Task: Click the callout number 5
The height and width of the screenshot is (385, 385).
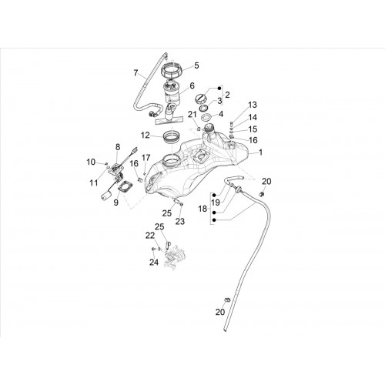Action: click(196, 65)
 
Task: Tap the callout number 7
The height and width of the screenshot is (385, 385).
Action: click(136, 73)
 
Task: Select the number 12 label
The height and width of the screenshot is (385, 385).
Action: click(146, 135)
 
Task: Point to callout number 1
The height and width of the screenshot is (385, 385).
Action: click(260, 152)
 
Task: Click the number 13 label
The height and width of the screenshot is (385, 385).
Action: click(253, 105)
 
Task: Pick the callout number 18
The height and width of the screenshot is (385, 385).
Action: click(203, 209)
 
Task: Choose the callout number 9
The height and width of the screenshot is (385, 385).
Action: click(116, 203)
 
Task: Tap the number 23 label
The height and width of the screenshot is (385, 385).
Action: click(180, 221)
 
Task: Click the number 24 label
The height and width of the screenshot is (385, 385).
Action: click(154, 263)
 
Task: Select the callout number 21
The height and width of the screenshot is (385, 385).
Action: click(192, 115)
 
